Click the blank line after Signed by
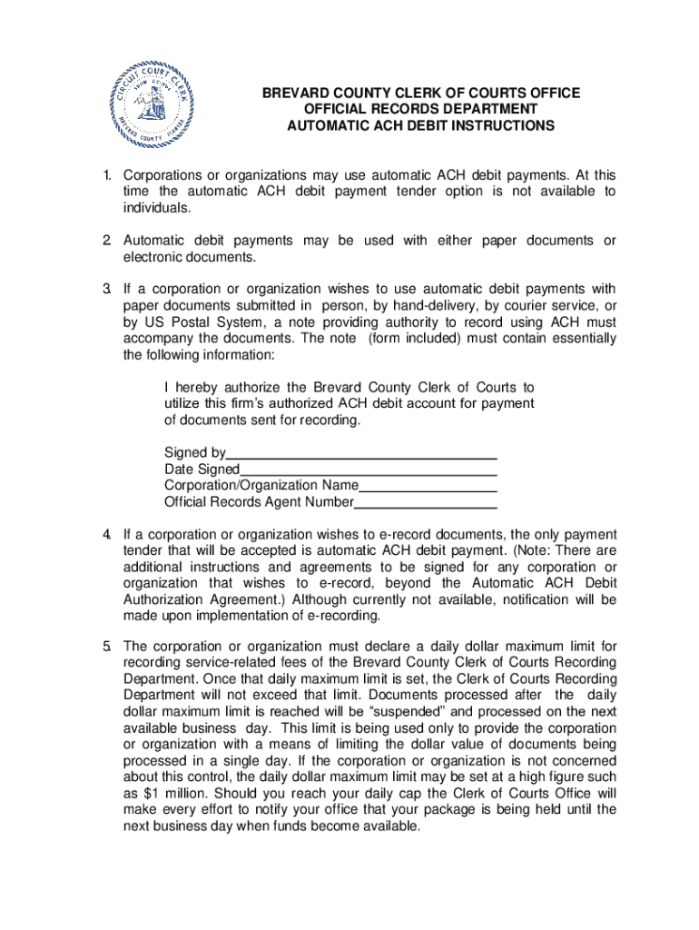coord(361,453)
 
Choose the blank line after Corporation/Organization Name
coord(428,486)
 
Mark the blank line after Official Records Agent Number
coord(425,502)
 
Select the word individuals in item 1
coord(157,208)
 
